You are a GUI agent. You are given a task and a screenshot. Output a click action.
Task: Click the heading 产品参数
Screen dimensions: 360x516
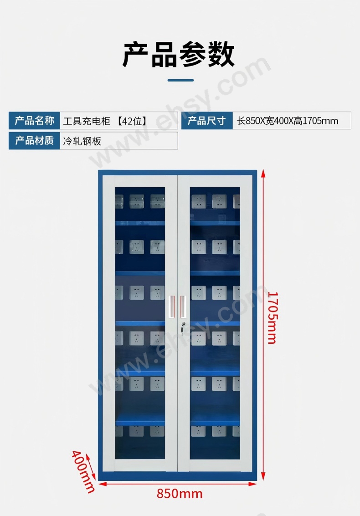tap(178, 54)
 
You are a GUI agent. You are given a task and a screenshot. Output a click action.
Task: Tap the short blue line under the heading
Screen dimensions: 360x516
tap(180, 80)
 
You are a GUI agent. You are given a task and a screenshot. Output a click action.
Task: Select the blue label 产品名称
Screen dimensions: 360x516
tap(34, 121)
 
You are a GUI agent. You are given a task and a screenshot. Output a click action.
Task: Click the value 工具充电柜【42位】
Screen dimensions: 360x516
tap(105, 121)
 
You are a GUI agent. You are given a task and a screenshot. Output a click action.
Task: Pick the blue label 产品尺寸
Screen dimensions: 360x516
tap(207, 121)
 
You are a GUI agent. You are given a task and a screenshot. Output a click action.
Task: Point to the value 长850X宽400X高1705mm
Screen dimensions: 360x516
tap(287, 121)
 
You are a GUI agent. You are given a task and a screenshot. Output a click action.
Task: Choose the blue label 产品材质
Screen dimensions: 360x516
tap(34, 141)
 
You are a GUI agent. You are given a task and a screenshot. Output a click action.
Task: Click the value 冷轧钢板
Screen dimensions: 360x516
tap(82, 141)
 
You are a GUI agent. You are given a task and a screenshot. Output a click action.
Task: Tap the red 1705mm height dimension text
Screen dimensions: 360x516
tap(273, 317)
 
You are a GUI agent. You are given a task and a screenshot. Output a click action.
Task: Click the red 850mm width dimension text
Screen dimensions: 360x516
tap(180, 494)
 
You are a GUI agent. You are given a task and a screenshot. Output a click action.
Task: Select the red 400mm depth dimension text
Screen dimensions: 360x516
tap(83, 471)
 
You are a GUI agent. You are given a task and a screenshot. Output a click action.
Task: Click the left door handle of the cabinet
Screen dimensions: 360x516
tap(172, 307)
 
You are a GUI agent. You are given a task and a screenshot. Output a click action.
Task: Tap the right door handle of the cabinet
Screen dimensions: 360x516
tap(183, 307)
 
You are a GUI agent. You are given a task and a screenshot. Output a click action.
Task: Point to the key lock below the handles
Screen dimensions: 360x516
tap(183, 327)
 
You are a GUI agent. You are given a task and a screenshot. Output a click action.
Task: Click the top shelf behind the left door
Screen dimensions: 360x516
tap(139, 223)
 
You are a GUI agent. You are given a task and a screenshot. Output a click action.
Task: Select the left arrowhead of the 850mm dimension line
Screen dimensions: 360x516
tap(103, 484)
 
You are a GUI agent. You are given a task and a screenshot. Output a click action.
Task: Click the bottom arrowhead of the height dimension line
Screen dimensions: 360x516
tap(263, 477)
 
